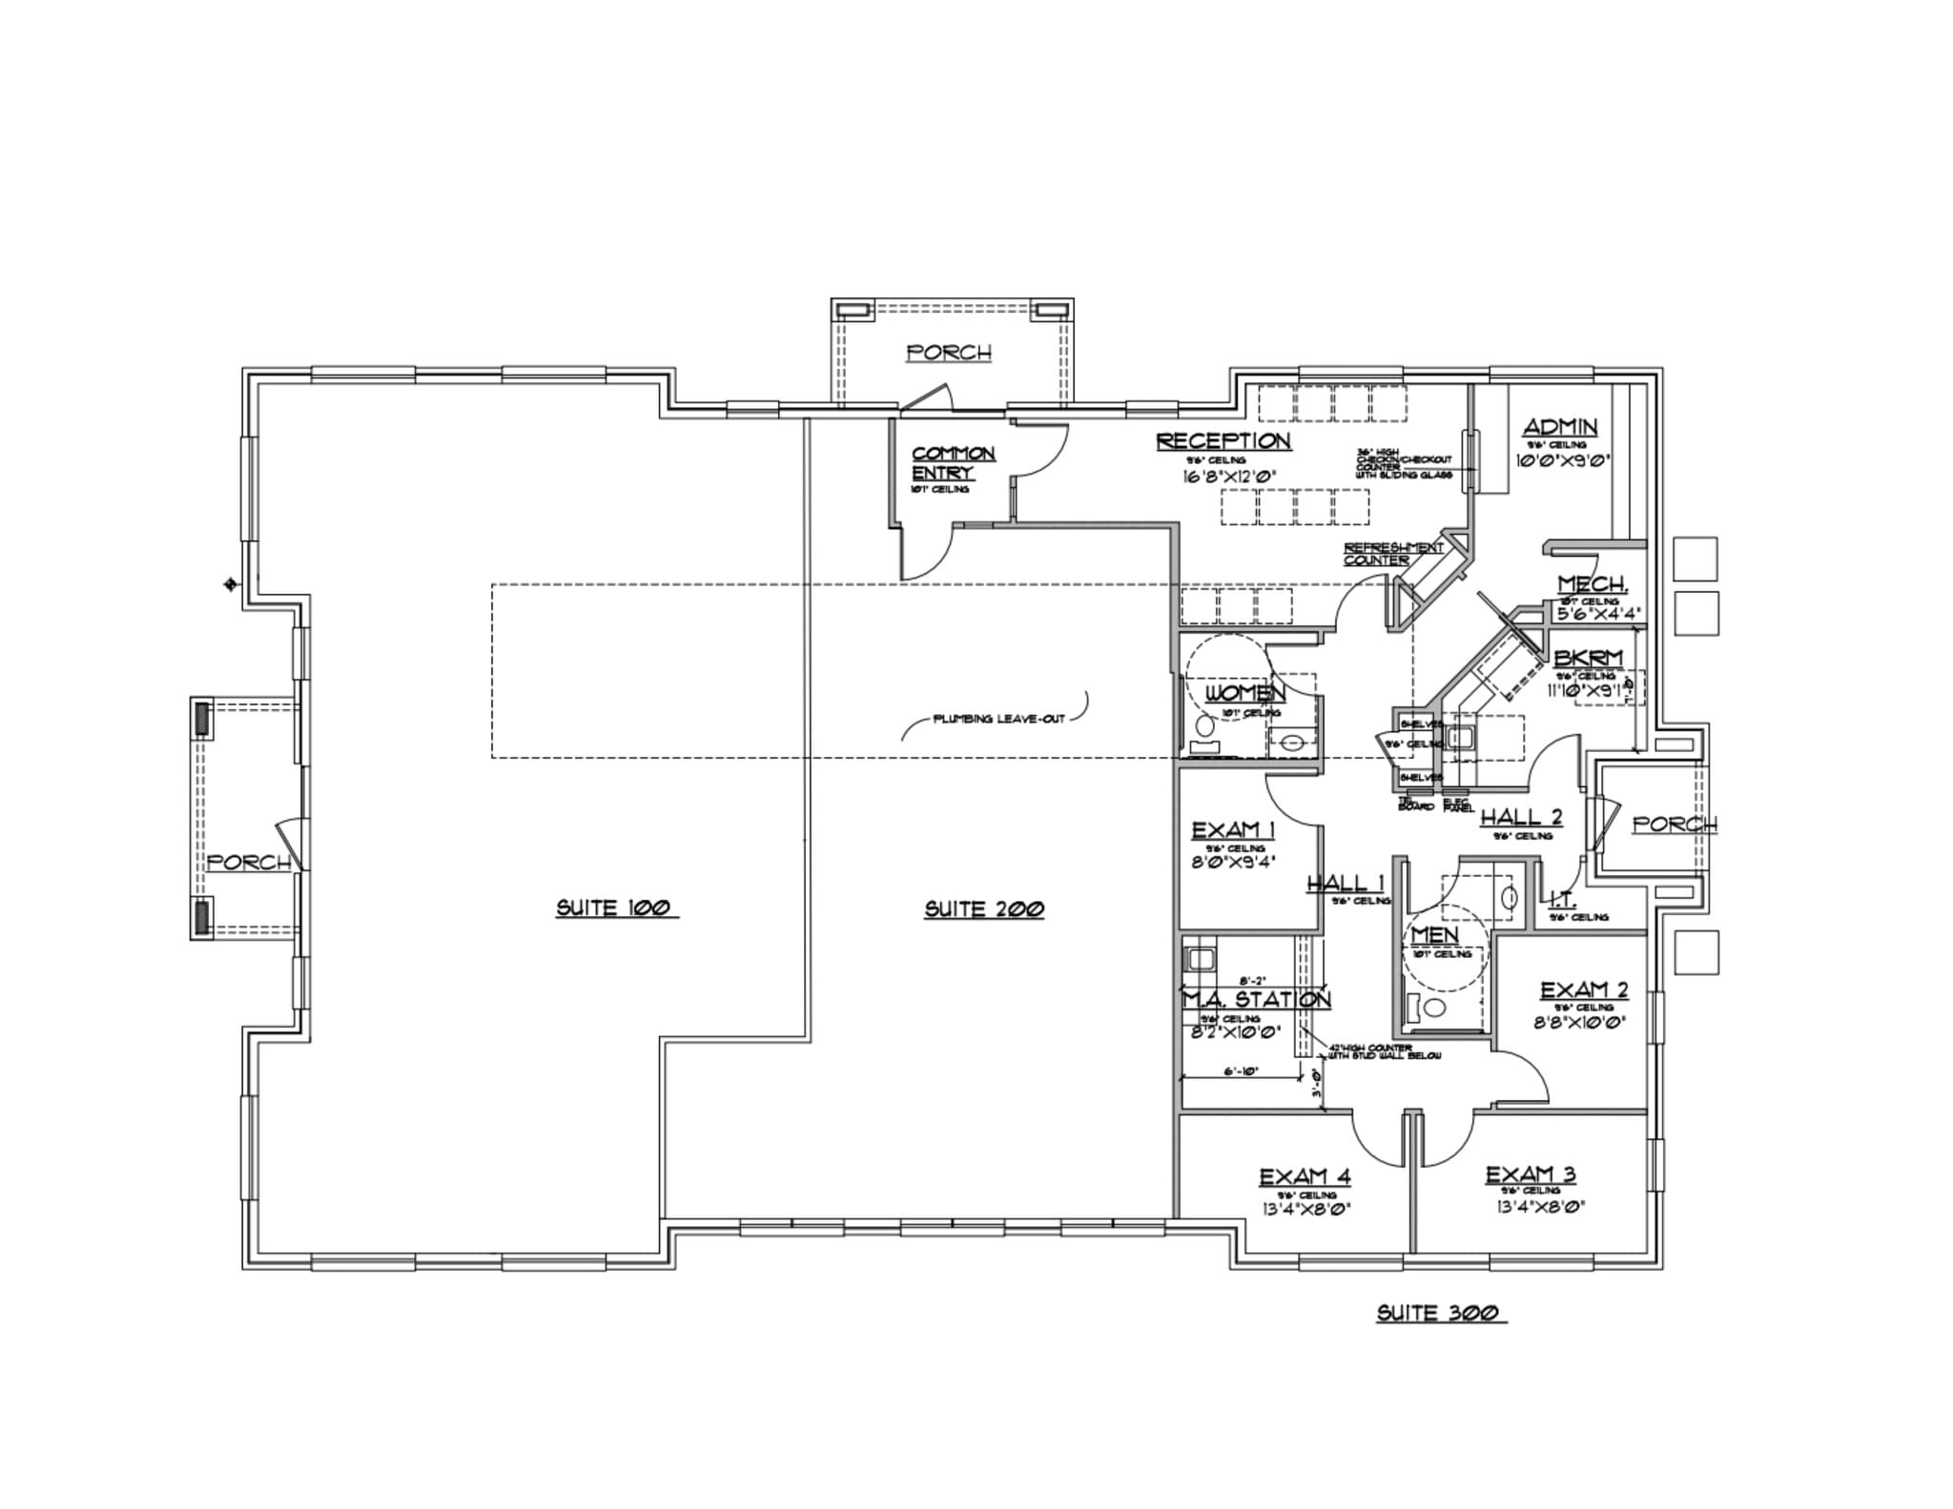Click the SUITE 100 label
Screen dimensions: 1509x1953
click(615, 907)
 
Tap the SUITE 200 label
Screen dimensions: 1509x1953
click(983, 909)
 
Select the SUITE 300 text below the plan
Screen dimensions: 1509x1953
click(1440, 1313)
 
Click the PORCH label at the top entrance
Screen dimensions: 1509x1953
click(949, 353)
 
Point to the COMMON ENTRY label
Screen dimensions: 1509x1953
click(953, 463)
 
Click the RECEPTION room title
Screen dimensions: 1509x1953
click(1223, 441)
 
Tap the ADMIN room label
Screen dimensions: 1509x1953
click(1560, 427)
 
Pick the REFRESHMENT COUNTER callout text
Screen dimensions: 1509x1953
click(1392, 554)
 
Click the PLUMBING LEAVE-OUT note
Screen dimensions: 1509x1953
click(997, 719)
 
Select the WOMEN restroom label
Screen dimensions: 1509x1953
click(1244, 693)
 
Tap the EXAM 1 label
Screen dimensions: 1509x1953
click(1234, 831)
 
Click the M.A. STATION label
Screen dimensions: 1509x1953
click(1256, 999)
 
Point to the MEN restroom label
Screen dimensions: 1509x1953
click(1435, 935)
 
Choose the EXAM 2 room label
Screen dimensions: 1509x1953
click(1584, 991)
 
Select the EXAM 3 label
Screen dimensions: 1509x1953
click(1531, 1175)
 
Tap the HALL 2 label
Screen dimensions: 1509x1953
click(1521, 817)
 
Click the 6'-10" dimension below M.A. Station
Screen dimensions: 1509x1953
click(1241, 1071)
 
